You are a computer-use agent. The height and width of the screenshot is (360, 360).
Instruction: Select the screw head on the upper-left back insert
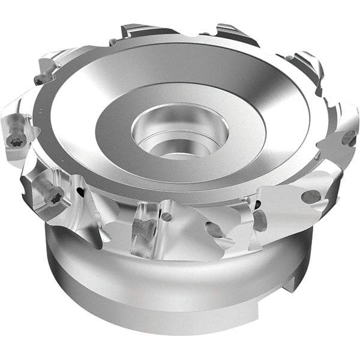[x=43, y=78]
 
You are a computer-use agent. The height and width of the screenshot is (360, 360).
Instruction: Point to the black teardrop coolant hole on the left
[x=80, y=193]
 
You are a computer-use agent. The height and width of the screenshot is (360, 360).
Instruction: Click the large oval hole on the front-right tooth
[x=310, y=196]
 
